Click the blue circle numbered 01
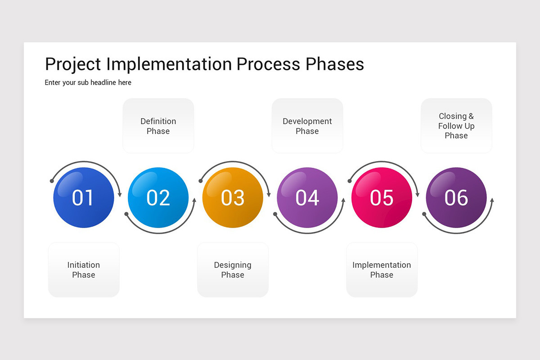(x=84, y=198)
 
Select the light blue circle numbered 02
(x=158, y=198)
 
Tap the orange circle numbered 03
(x=233, y=198)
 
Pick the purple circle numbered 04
(x=307, y=198)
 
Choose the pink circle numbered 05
(x=382, y=198)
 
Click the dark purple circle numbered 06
(x=456, y=198)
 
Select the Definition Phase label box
(x=158, y=126)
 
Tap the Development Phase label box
(x=307, y=126)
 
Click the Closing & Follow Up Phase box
(x=456, y=126)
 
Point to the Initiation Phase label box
(x=84, y=270)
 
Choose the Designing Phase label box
(x=233, y=270)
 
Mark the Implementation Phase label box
(x=382, y=270)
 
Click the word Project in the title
(x=73, y=65)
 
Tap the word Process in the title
(x=268, y=64)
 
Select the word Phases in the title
(x=335, y=64)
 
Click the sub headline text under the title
(x=88, y=83)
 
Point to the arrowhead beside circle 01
(x=120, y=194)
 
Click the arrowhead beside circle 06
(x=492, y=200)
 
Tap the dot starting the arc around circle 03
(x=201, y=181)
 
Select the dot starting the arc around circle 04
(x=275, y=214)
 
